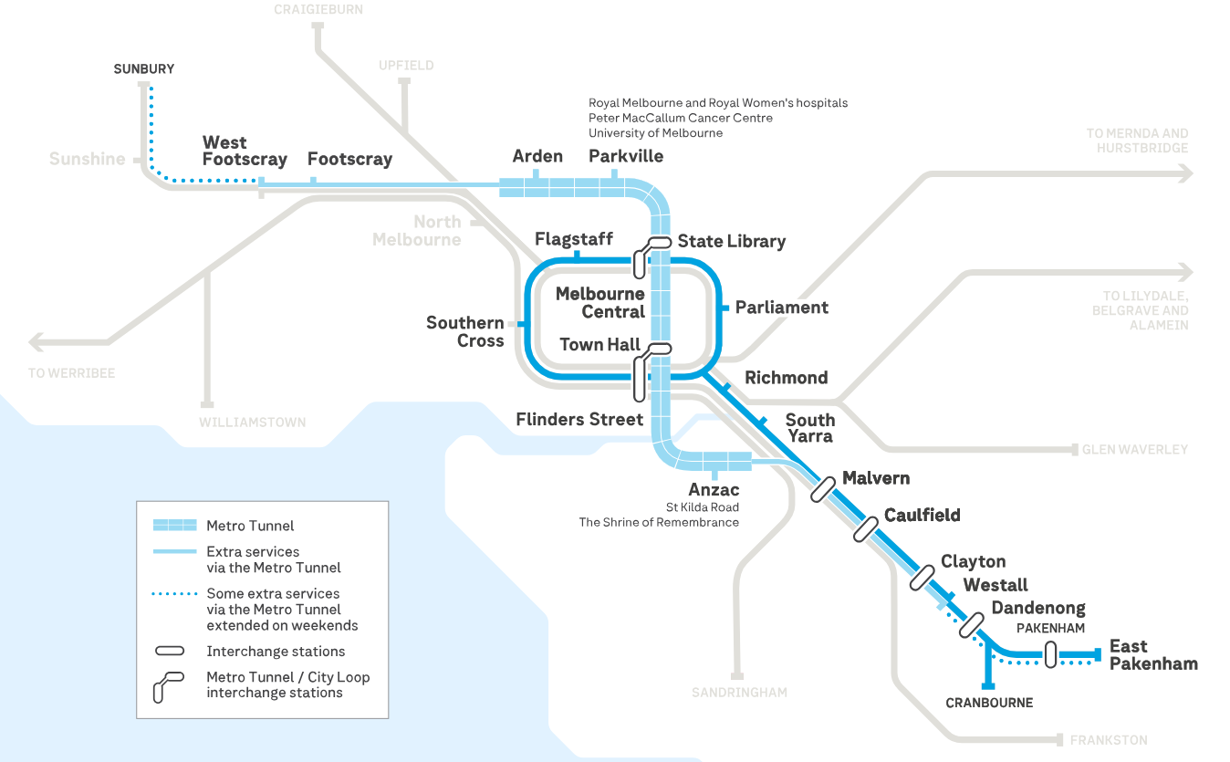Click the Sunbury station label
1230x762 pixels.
click(x=143, y=69)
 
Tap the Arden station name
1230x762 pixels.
click(x=537, y=156)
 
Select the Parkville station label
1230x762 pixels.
click(x=626, y=156)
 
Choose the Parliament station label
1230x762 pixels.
click(x=782, y=308)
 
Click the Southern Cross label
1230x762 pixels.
click(x=465, y=331)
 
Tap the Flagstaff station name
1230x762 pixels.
click(x=574, y=239)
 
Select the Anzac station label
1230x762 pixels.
click(x=714, y=490)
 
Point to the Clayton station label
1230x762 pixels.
click(x=974, y=561)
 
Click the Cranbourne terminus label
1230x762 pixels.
click(x=989, y=703)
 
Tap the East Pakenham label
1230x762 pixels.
click(x=1153, y=655)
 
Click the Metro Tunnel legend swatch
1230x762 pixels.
click(x=174, y=525)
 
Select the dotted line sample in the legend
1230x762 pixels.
click(x=174, y=594)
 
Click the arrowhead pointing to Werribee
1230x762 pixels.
click(x=38, y=343)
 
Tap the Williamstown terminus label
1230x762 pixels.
click(x=253, y=423)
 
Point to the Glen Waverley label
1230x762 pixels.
click(x=1135, y=450)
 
